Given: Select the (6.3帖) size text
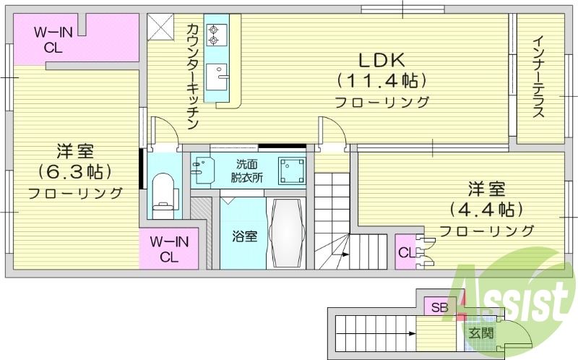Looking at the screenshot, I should pyautogui.click(x=75, y=172).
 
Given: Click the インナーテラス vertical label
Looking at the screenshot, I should pyautogui.click(x=539, y=76).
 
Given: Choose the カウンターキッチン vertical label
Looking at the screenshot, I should pyautogui.click(x=192, y=76).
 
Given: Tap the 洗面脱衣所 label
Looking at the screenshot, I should pyautogui.click(x=247, y=170).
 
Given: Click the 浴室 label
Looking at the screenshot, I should pyautogui.click(x=243, y=236).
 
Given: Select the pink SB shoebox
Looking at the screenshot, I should pyautogui.click(x=439, y=307).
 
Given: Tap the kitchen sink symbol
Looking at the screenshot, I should pyautogui.click(x=216, y=75).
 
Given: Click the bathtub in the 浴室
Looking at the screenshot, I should pyautogui.click(x=288, y=233).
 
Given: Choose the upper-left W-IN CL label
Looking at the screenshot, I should pyautogui.click(x=52, y=40).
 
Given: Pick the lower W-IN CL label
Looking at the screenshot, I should pyautogui.click(x=169, y=249).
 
